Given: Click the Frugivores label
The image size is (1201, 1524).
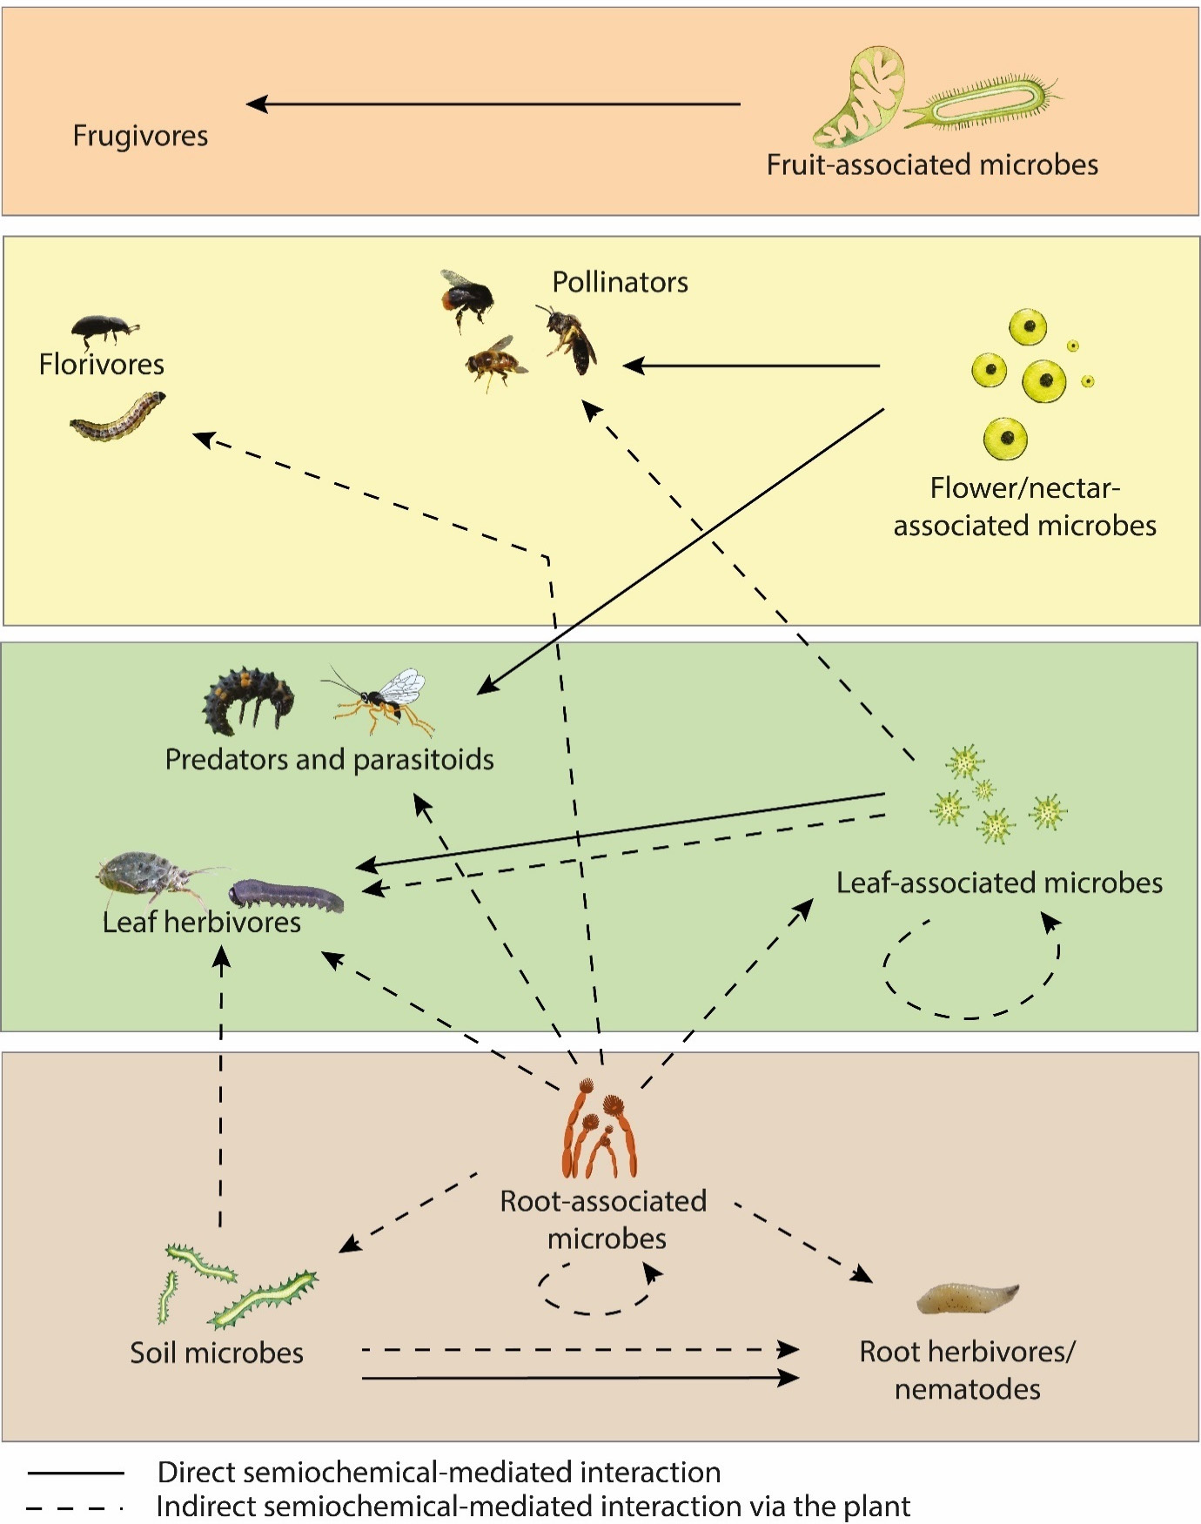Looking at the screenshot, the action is coord(140,137).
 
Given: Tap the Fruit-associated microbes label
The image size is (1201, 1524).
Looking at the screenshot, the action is coord(932,164).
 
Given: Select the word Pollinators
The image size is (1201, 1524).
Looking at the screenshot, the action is coord(620,282).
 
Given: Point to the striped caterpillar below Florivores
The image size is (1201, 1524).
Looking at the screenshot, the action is coord(117,417).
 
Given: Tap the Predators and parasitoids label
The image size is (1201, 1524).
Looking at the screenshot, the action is coord(329,760).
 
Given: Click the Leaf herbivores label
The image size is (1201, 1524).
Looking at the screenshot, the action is coord(201,923).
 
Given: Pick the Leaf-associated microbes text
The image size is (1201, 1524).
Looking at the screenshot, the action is coord(999,883).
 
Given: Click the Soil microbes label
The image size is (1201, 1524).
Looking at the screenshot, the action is coord(217,1353).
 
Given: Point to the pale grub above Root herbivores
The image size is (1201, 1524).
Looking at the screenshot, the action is coord(967,1298).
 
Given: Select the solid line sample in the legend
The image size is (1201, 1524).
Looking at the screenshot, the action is coord(76,1473).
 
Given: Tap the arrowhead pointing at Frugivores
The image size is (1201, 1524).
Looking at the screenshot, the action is coord(257,104).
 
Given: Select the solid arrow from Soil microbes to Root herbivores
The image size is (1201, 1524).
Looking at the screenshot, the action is coord(580,1378).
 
